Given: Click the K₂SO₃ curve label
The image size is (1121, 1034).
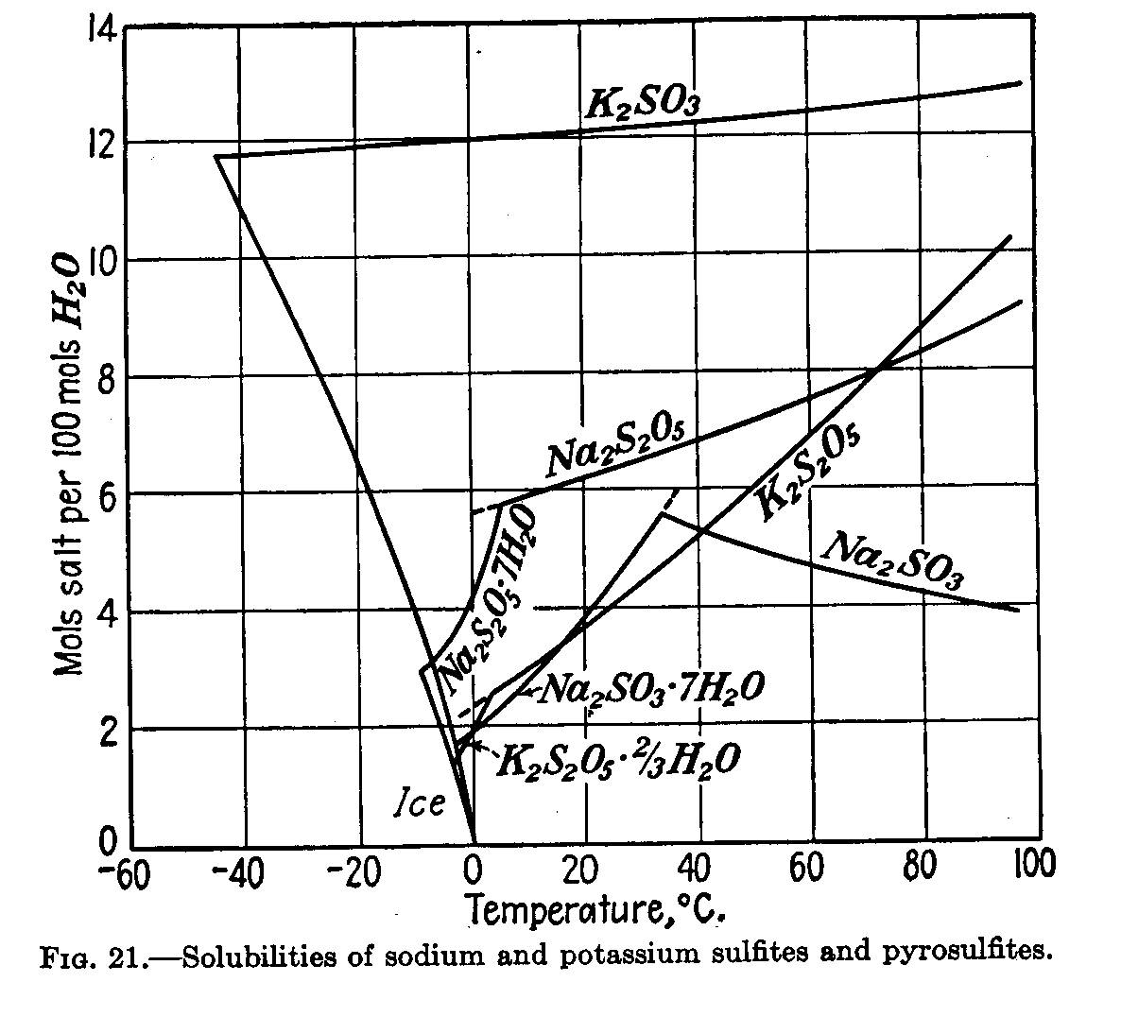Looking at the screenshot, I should [642, 102].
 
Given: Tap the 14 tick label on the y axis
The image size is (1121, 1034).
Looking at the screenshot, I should [96, 29].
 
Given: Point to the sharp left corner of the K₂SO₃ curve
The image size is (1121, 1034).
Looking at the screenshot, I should [216, 156].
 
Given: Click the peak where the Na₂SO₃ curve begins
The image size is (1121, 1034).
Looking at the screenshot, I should [661, 514].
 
